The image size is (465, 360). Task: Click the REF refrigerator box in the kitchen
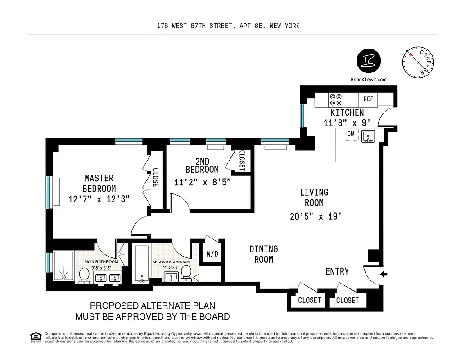[368, 99]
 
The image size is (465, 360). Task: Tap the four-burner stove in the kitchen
[336, 99]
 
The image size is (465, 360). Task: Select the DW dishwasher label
[350, 134]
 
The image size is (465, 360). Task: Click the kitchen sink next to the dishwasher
[368, 136]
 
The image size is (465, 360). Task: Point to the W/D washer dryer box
[212, 254]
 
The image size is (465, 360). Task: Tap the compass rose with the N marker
[419, 63]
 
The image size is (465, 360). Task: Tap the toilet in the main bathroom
[84, 275]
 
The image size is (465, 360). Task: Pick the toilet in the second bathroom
[186, 274]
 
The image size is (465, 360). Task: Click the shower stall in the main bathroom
[64, 266]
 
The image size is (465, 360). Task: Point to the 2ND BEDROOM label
[202, 166]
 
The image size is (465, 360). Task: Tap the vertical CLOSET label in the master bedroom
[155, 180]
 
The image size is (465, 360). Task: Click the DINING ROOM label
[264, 254]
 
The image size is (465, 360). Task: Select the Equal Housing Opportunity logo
[35, 336]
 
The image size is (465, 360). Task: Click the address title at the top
[228, 26]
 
